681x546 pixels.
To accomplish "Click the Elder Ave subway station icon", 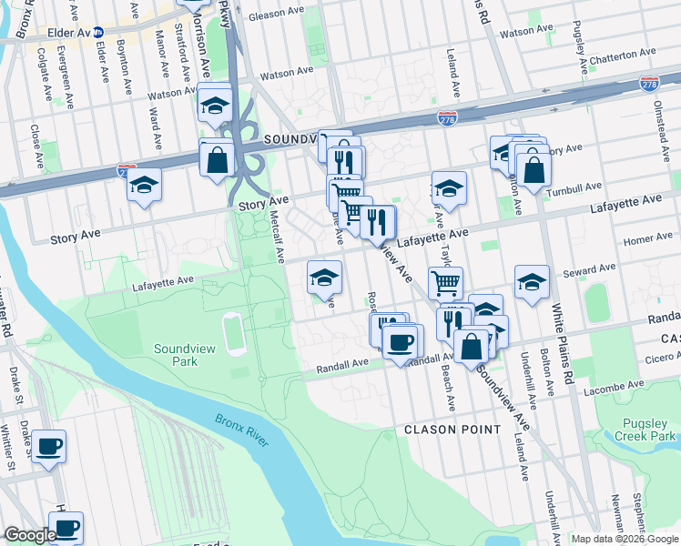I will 97,32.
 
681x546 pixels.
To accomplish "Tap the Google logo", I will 30,535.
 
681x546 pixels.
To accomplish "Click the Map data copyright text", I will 624,539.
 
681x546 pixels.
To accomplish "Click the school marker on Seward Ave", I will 532,283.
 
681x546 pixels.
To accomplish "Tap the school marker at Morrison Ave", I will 215,105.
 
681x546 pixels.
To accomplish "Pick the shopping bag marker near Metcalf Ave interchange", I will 217,160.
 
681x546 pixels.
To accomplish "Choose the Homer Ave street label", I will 648,239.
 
